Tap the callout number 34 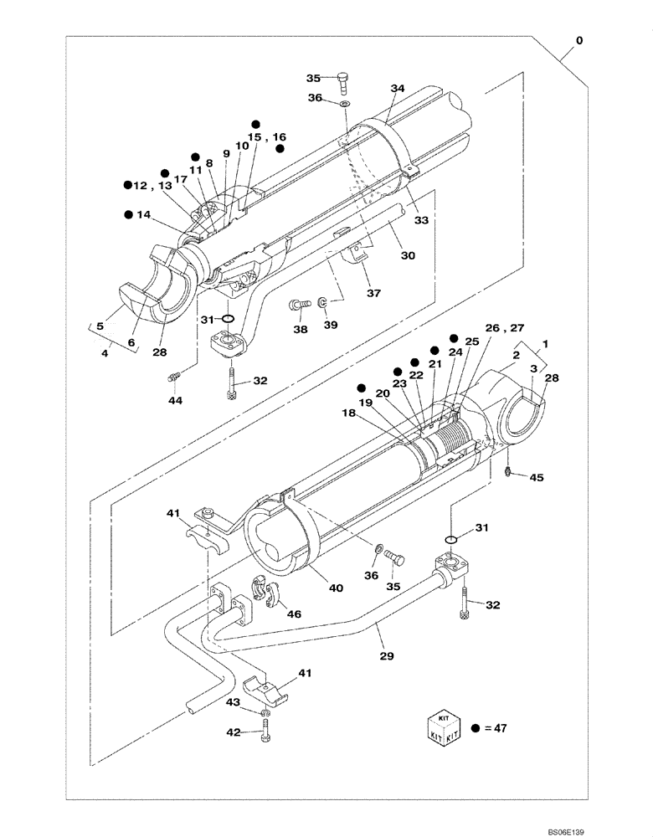pos(397,88)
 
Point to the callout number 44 pos(174,401)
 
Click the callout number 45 pos(537,478)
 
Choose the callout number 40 pos(336,588)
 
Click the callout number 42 pos(234,732)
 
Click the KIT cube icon pos(443,728)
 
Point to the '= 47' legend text pos(494,729)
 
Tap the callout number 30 pos(406,256)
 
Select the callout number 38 pos(299,331)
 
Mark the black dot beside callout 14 pos(129,214)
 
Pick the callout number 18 pos(347,413)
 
